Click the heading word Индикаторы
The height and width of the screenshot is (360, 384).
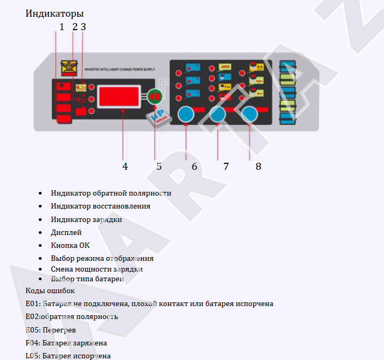pos(54,13)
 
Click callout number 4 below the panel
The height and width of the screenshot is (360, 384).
pos(125,166)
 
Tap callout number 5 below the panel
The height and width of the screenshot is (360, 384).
pos(159,166)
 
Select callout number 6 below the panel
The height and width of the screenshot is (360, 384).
pos(194,166)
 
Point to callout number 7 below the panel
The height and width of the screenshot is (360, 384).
pos(226,166)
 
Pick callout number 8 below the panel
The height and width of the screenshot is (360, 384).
pos(259,166)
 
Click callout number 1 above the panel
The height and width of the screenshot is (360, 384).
pos(61,26)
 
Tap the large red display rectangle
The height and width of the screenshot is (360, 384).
pos(120,97)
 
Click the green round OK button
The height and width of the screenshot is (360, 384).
pos(155,96)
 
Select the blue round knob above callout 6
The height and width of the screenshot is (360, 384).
pos(186,114)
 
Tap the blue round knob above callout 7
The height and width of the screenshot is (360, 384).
pos(218,114)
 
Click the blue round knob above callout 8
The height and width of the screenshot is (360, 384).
pos(249,114)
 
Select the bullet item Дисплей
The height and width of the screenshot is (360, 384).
pos(66,232)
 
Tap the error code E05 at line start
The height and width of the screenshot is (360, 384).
pos(32,329)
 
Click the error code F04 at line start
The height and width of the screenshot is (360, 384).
pos(32,343)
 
